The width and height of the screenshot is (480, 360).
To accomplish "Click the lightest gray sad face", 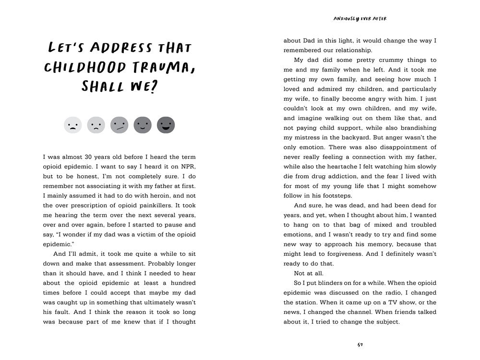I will (x=72, y=125).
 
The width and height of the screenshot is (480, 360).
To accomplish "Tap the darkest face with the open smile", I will (x=166, y=125).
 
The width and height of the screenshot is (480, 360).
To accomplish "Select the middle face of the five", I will (x=119, y=125).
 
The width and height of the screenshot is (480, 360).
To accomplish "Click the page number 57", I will (x=360, y=344).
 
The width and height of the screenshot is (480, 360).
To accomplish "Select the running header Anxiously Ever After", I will (x=360, y=19).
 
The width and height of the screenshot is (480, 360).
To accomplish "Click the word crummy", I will (x=377, y=60).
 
